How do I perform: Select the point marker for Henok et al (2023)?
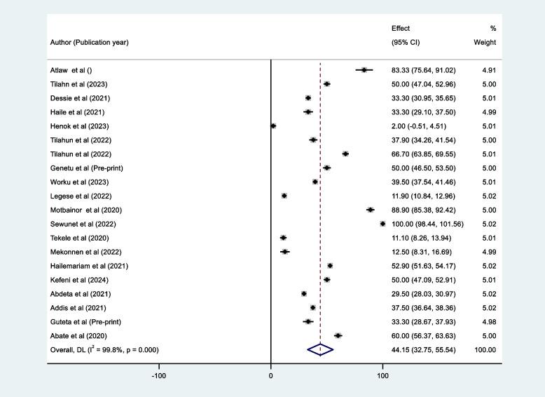(273, 126)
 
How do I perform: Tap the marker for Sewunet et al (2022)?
(382, 224)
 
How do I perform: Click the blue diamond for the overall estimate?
(320, 349)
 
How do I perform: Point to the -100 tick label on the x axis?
(159, 375)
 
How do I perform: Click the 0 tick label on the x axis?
(271, 375)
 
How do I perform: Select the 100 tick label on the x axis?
(382, 375)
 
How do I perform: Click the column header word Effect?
(401, 29)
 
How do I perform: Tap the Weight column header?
(484, 42)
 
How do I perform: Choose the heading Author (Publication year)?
(89, 42)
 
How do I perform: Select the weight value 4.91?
(488, 70)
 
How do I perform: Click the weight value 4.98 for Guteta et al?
(488, 321)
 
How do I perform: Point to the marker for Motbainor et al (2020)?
(371, 210)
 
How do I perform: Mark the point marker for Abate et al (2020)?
(338, 335)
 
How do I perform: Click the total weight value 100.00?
(485, 349)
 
